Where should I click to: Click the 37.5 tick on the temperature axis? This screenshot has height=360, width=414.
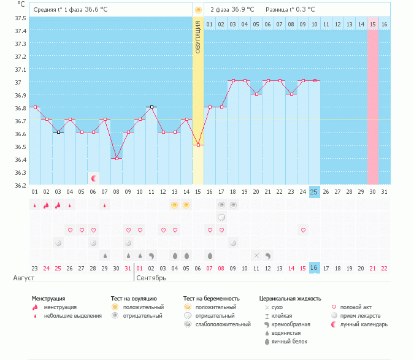pyautogui.click(x=20, y=18)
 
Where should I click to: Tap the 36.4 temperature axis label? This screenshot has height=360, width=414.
pyautogui.click(x=20, y=159)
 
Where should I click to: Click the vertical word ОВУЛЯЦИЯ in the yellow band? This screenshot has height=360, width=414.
pyautogui.click(x=198, y=37)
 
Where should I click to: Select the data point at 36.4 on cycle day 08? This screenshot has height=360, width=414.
pyautogui.click(x=117, y=158)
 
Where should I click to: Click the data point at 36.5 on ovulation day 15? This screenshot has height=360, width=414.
pyautogui.click(x=198, y=145)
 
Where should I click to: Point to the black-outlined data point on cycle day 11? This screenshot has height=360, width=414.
pyautogui.click(x=151, y=107)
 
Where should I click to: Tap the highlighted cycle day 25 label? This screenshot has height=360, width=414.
pyautogui.click(x=314, y=192)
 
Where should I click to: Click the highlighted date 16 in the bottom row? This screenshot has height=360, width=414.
pyautogui.click(x=314, y=267)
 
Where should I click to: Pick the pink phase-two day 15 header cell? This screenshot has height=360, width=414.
pyautogui.click(x=372, y=24)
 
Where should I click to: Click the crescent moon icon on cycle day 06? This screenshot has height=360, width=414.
pyautogui.click(x=93, y=178)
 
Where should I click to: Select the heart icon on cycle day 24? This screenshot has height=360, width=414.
pyautogui.click(x=303, y=230)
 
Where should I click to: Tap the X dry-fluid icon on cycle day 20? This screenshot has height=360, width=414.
pyautogui.click(x=256, y=256)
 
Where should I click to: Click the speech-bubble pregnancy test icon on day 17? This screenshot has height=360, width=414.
pyautogui.click(x=221, y=218)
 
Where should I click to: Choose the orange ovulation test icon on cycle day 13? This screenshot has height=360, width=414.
pyautogui.click(x=174, y=205)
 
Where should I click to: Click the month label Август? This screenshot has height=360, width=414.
pyautogui.click(x=24, y=278)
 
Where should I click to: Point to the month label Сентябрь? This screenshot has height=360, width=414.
pyautogui.click(x=151, y=278)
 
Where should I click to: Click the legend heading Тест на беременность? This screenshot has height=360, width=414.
pyautogui.click(x=211, y=299)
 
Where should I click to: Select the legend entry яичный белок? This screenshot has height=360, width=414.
pyautogui.click(x=289, y=342)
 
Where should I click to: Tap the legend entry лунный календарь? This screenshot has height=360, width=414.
pyautogui.click(x=364, y=324)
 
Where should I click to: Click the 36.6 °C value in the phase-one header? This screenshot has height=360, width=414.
pyautogui.click(x=96, y=9)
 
